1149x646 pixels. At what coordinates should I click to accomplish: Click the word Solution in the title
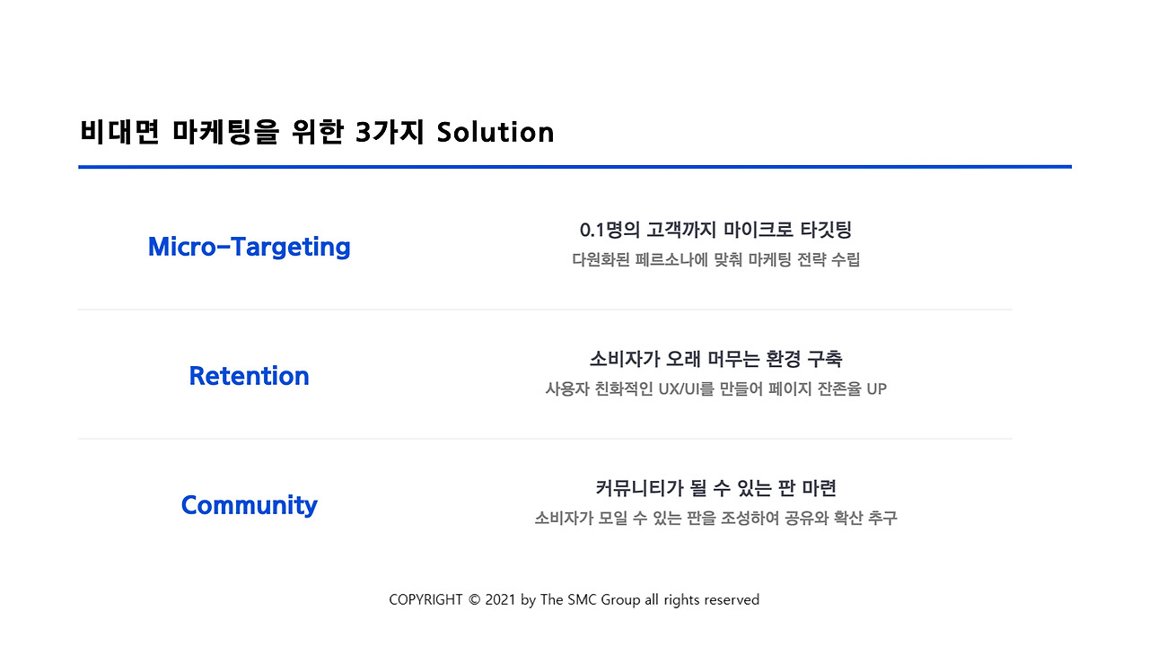tap(496, 132)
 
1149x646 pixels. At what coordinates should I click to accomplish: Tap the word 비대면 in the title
tap(119, 132)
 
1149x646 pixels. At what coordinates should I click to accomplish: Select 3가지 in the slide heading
tap(390, 132)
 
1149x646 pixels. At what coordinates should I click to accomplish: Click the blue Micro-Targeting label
tap(250, 247)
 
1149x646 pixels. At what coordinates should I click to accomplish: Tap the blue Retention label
tap(250, 376)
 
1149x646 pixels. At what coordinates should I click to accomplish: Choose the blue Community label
tap(250, 506)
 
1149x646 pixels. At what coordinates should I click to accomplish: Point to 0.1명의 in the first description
tap(610, 230)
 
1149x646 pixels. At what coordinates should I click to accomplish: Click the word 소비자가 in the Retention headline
tap(624, 359)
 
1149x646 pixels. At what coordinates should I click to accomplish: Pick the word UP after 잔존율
tap(877, 389)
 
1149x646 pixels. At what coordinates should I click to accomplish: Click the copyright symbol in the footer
tap(475, 600)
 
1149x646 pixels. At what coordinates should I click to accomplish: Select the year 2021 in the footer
tap(500, 600)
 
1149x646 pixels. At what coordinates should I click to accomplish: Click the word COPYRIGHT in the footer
tap(425, 600)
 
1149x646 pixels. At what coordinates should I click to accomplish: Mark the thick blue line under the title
tap(575, 167)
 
